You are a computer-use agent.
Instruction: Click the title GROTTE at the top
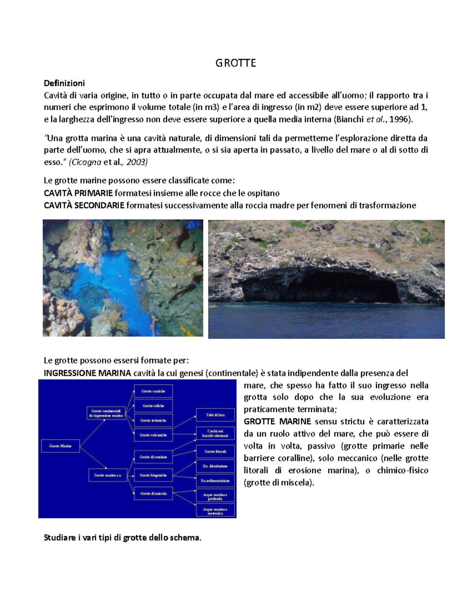click(236, 63)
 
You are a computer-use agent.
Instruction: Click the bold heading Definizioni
click(64, 83)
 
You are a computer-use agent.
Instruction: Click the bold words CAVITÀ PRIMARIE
click(78, 193)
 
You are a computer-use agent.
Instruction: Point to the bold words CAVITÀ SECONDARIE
click(84, 205)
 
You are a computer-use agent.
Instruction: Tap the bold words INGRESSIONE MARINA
click(87, 373)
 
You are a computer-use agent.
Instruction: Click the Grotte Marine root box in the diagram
click(61, 446)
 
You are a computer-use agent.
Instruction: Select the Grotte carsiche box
click(153, 391)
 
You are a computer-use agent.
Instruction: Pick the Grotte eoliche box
click(153, 406)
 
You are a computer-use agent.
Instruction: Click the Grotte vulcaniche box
click(153, 435)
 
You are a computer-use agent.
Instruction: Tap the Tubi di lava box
click(215, 415)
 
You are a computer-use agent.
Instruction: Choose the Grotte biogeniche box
click(153, 475)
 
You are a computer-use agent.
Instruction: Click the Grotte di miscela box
click(153, 493)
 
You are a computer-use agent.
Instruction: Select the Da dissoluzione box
click(215, 466)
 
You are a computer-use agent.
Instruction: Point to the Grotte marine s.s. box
click(108, 475)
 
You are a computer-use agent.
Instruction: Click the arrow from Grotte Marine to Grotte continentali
click(92, 432)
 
